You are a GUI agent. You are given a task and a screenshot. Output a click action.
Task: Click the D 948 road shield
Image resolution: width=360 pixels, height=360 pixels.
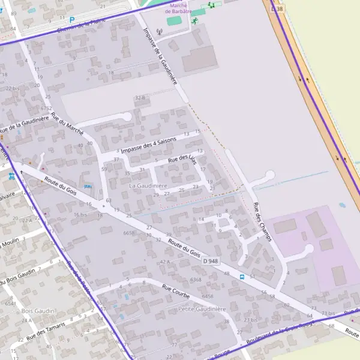[211, 261]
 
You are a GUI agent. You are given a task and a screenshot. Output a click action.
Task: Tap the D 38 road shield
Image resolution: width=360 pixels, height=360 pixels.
[277, 10]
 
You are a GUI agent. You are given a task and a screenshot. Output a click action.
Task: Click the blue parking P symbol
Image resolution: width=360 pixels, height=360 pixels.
[72, 20]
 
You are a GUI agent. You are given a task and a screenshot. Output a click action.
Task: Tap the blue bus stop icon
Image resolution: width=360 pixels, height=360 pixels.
[242, 277]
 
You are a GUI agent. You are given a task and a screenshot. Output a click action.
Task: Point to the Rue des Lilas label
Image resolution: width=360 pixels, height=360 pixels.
[182, 159]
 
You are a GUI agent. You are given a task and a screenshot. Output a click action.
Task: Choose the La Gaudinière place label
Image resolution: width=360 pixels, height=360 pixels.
[148, 187]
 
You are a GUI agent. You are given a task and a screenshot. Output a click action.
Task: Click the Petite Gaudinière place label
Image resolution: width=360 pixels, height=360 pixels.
[202, 309]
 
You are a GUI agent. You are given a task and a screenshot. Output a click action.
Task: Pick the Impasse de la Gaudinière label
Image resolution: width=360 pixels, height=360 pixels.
[160, 56]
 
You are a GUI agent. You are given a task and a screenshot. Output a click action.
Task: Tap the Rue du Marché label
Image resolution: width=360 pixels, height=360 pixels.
[67, 123]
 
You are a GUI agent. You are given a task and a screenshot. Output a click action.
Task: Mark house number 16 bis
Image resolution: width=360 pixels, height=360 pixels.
[80, 214]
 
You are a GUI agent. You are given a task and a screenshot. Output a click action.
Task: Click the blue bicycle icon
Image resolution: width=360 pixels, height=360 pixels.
[13, 177]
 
